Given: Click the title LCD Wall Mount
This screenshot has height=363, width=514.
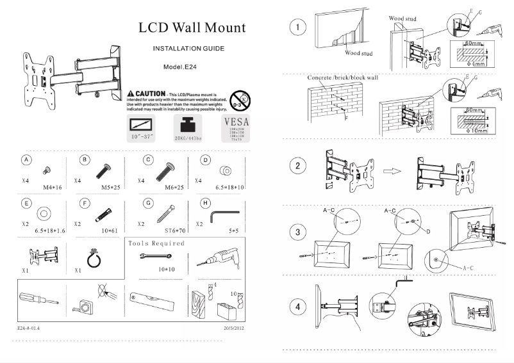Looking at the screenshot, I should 192,28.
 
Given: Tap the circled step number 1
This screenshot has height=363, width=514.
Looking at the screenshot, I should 297,28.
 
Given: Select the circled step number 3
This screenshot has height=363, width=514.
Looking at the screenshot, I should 297,233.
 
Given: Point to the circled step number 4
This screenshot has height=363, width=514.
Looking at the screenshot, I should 297,307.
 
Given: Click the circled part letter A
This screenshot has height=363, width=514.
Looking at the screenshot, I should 26,159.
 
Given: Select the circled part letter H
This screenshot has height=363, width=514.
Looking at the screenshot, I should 205,204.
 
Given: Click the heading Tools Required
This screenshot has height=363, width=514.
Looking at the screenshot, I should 156,243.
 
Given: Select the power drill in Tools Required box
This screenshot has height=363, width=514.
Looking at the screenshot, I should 214,259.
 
